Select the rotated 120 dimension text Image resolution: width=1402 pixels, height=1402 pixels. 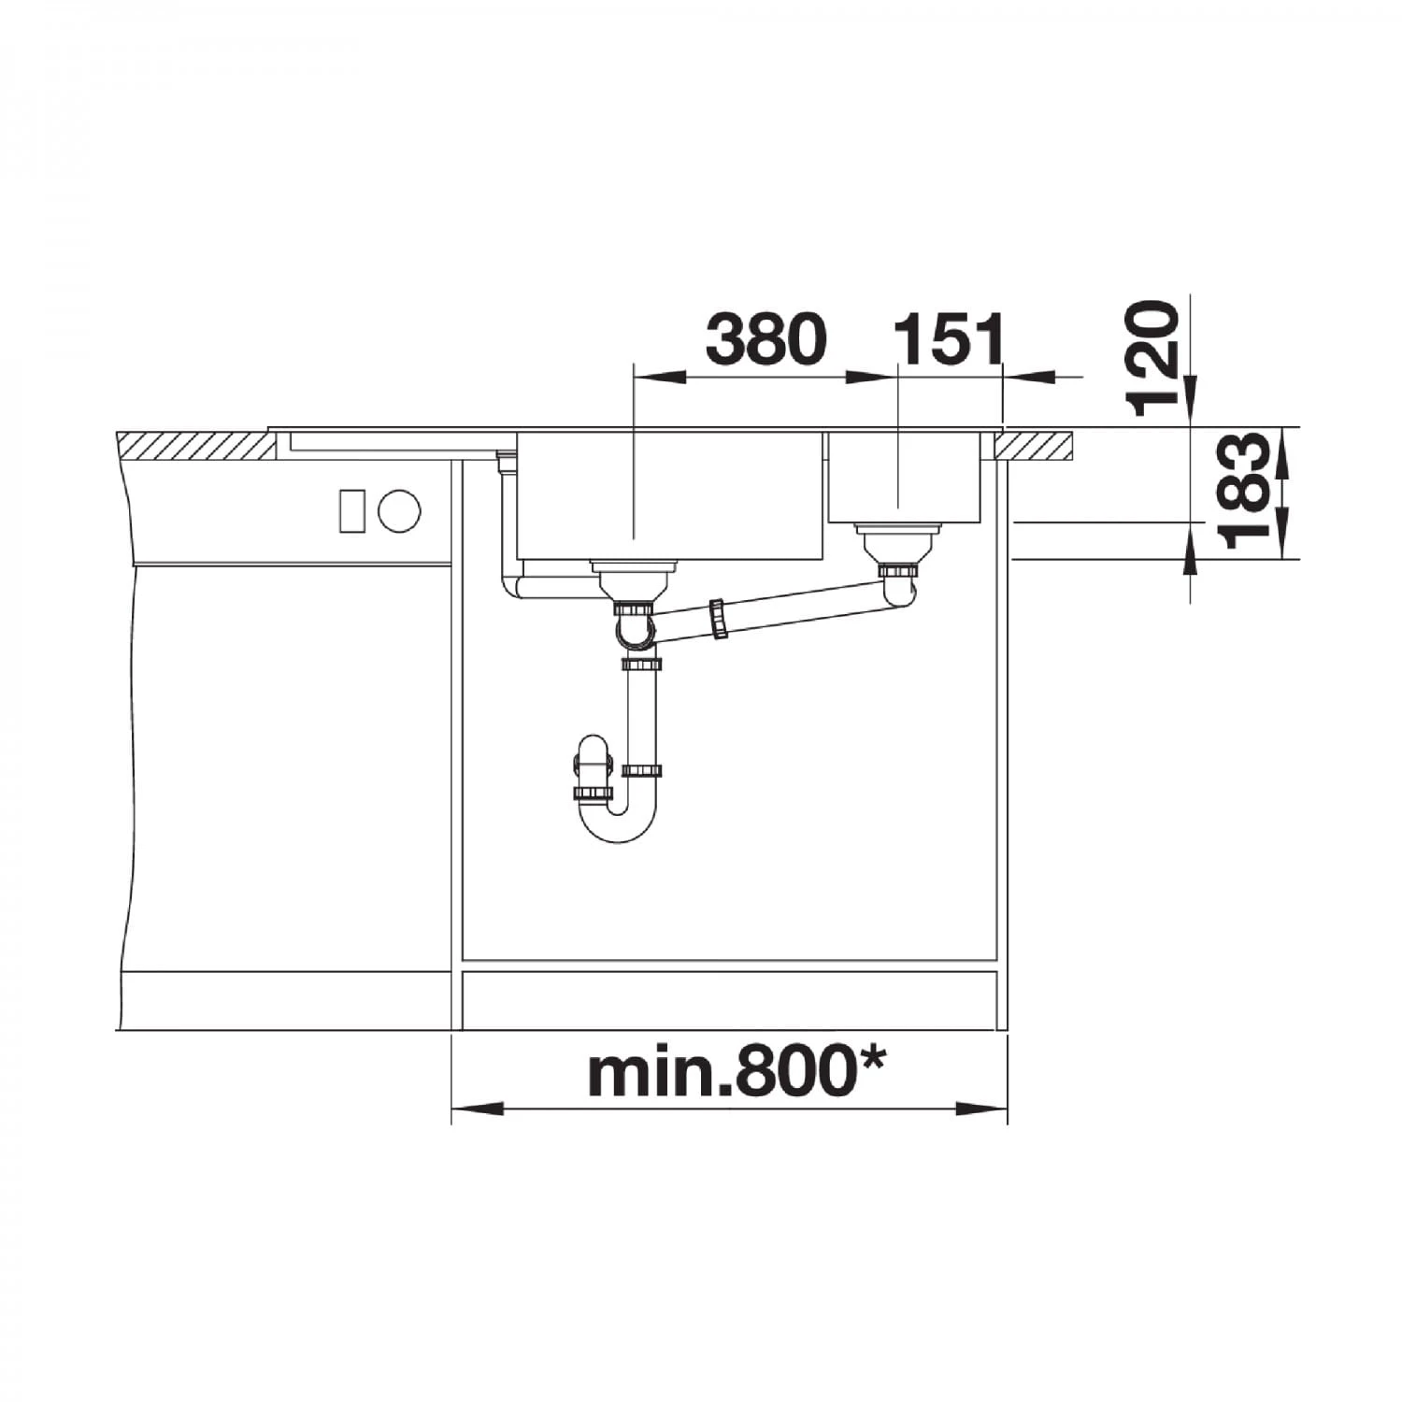[x=1152, y=357]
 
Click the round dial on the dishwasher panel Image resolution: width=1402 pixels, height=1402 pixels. [x=399, y=511]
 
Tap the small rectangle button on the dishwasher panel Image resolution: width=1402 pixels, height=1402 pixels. [x=352, y=511]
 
